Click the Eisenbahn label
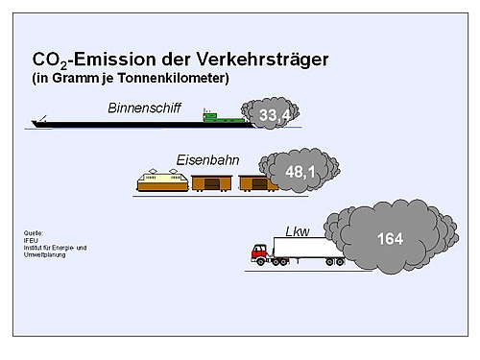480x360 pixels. point(208,159)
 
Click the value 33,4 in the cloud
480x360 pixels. point(275,116)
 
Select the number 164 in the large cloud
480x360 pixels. point(391,239)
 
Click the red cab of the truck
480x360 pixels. point(259,253)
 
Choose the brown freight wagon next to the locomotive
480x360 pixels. point(210,181)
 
